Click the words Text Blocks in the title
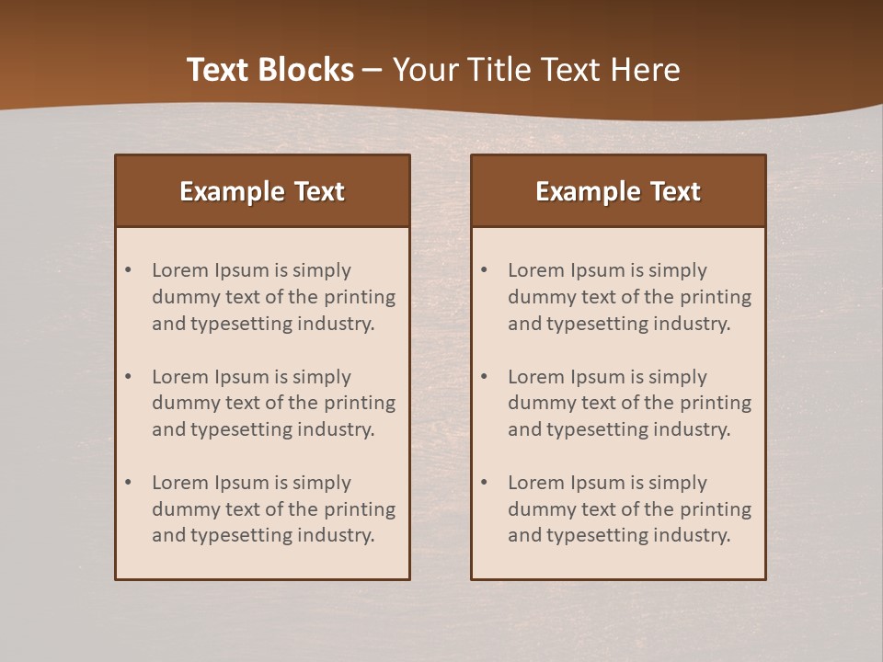(269, 70)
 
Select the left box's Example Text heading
(262, 191)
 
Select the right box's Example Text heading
(618, 191)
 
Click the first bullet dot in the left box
(129, 270)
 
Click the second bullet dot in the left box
(129, 377)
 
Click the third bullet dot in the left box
(129, 483)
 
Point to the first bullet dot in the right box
(485, 270)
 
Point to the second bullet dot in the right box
(485, 377)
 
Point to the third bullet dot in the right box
(485, 483)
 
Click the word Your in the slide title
(425, 70)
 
